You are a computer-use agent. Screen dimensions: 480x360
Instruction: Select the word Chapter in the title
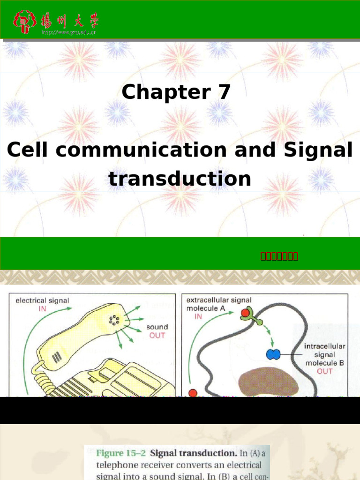[x=163, y=92]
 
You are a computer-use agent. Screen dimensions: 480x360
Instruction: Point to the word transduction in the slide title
[x=180, y=179]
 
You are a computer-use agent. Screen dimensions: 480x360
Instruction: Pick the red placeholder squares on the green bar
[x=279, y=256]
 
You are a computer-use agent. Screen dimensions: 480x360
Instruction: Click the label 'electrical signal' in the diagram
[x=42, y=300]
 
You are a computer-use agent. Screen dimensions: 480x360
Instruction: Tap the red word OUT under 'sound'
[x=157, y=336]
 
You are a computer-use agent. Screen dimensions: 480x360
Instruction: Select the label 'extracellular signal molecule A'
[x=218, y=304]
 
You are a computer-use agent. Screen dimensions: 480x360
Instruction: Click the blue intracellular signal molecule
[x=273, y=354]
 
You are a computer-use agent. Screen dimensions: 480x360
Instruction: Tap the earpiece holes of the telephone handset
[x=114, y=321]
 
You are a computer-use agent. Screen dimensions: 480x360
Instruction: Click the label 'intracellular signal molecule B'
[x=324, y=355]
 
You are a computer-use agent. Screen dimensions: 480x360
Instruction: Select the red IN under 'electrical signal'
[x=42, y=309]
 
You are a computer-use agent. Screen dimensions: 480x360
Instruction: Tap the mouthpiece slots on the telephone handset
[x=56, y=358]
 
